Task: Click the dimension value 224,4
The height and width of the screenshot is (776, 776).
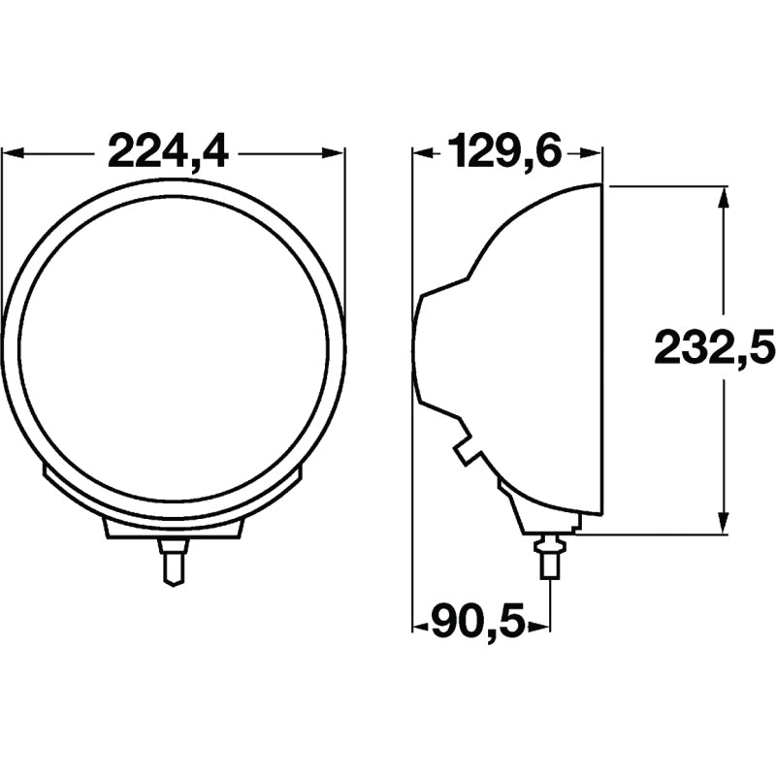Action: (x=168, y=151)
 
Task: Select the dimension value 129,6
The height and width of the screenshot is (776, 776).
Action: (x=504, y=150)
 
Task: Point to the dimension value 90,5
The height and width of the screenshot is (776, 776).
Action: (x=477, y=622)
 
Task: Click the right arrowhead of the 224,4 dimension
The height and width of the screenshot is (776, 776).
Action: (x=333, y=152)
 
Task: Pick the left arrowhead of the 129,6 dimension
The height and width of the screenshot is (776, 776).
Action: (x=424, y=154)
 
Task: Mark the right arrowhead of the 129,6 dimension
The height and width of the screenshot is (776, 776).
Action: (x=591, y=154)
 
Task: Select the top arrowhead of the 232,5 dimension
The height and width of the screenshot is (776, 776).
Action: (x=723, y=198)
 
